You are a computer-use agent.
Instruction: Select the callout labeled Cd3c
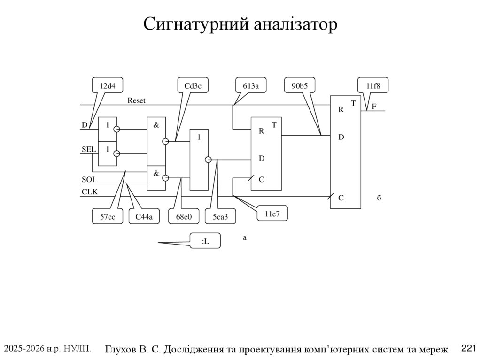click(x=193, y=86)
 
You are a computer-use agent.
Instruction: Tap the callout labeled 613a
click(x=251, y=86)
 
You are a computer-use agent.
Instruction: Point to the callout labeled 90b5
click(x=300, y=86)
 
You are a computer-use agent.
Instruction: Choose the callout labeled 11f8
click(x=373, y=86)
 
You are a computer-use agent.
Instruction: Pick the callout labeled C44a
click(x=144, y=216)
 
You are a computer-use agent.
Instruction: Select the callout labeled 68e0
click(x=184, y=216)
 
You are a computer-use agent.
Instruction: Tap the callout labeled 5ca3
click(x=220, y=216)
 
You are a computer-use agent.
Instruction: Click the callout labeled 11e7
click(x=272, y=214)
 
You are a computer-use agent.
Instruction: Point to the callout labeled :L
click(x=205, y=241)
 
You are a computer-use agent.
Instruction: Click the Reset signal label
click(x=137, y=100)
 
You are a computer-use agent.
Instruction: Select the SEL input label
click(x=88, y=149)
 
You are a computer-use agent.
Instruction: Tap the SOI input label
click(x=88, y=179)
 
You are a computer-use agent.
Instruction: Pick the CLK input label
click(x=89, y=191)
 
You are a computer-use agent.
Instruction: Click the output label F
click(x=374, y=107)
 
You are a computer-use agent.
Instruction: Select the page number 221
click(x=468, y=348)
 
